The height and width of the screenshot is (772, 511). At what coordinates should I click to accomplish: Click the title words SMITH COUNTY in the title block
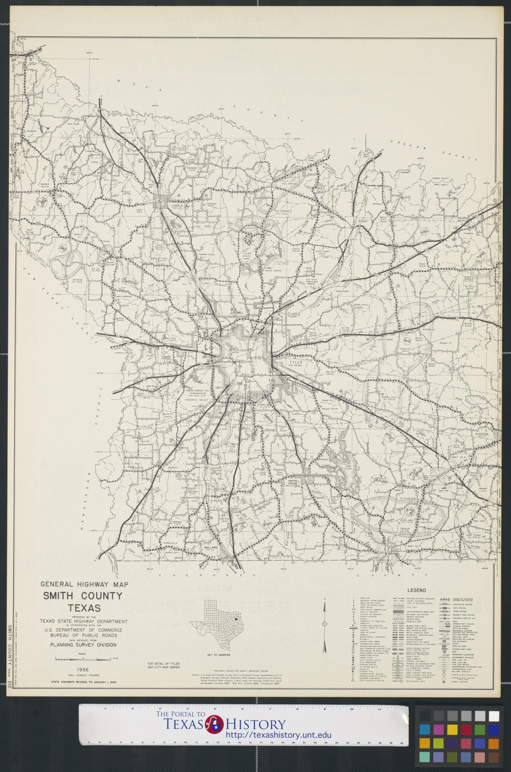(x=82, y=596)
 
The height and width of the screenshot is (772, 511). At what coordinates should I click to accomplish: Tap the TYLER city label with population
(x=296, y=363)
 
